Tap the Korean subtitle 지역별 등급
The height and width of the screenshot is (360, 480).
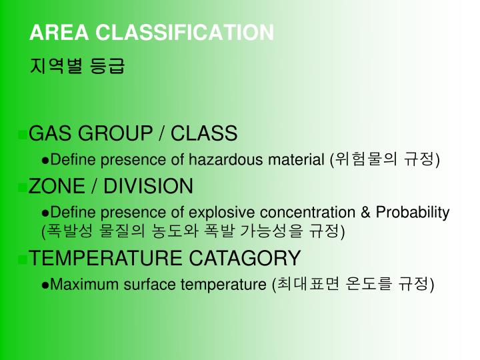coord(77,67)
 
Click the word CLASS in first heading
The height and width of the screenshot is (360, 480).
coord(204,133)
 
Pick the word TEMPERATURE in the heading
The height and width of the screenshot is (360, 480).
coord(107,258)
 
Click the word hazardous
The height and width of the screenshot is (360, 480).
coord(227,160)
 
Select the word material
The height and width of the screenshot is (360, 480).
coord(296,160)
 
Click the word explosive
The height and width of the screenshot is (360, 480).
coord(223,213)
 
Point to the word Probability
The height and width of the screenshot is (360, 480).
coord(412,213)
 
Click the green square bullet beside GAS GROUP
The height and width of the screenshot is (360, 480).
coord(25,134)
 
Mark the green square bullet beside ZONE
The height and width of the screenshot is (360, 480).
coord(25,187)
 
